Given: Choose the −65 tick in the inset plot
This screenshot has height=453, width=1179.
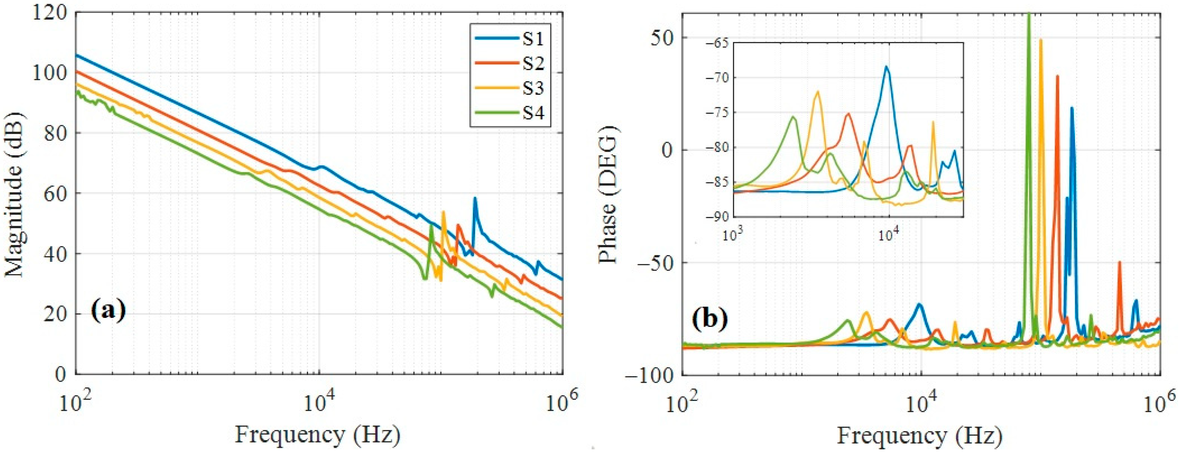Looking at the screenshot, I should coord(714,43).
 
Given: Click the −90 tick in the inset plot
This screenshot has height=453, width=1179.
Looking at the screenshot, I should coord(714,217).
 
